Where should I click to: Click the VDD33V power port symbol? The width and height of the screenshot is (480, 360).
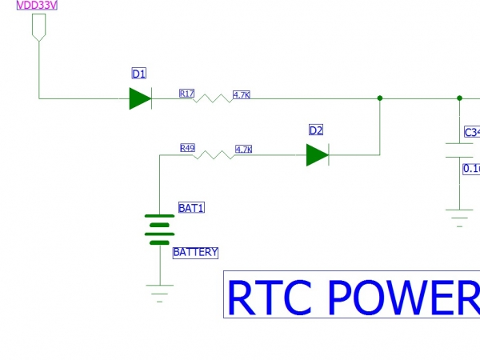[38, 30]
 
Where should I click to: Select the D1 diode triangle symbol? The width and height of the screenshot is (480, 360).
[140, 98]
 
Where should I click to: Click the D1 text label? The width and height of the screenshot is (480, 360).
[139, 74]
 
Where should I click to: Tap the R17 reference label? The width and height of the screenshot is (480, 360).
[187, 94]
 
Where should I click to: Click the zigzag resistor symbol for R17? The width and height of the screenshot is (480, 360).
[214, 98]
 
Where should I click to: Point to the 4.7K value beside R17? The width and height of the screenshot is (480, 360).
[242, 94]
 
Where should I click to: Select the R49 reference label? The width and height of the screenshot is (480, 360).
[188, 148]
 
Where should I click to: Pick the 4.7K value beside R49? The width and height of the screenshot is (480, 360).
[244, 149]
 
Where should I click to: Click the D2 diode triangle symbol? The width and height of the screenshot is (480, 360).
[318, 154]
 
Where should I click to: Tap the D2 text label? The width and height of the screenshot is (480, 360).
[316, 130]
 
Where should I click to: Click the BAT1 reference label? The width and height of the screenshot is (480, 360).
[191, 208]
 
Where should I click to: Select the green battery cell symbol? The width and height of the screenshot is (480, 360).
[160, 229]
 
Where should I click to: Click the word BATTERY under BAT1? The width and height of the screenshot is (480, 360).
[195, 252]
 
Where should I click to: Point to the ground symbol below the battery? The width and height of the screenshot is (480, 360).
[160, 294]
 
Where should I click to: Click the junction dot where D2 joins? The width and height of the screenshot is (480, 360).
[379, 98]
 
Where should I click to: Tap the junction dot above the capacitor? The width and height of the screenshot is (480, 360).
[459, 98]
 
